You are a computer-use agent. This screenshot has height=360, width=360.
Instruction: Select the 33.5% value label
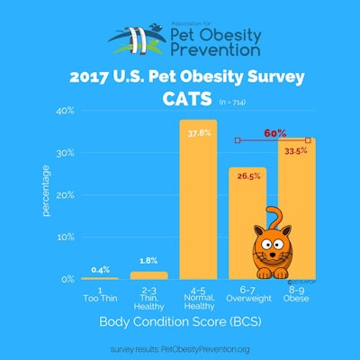coord(297,150)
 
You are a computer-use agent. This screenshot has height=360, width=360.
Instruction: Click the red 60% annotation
coord(274,132)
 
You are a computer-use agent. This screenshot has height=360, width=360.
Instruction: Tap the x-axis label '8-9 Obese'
coord(297,293)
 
